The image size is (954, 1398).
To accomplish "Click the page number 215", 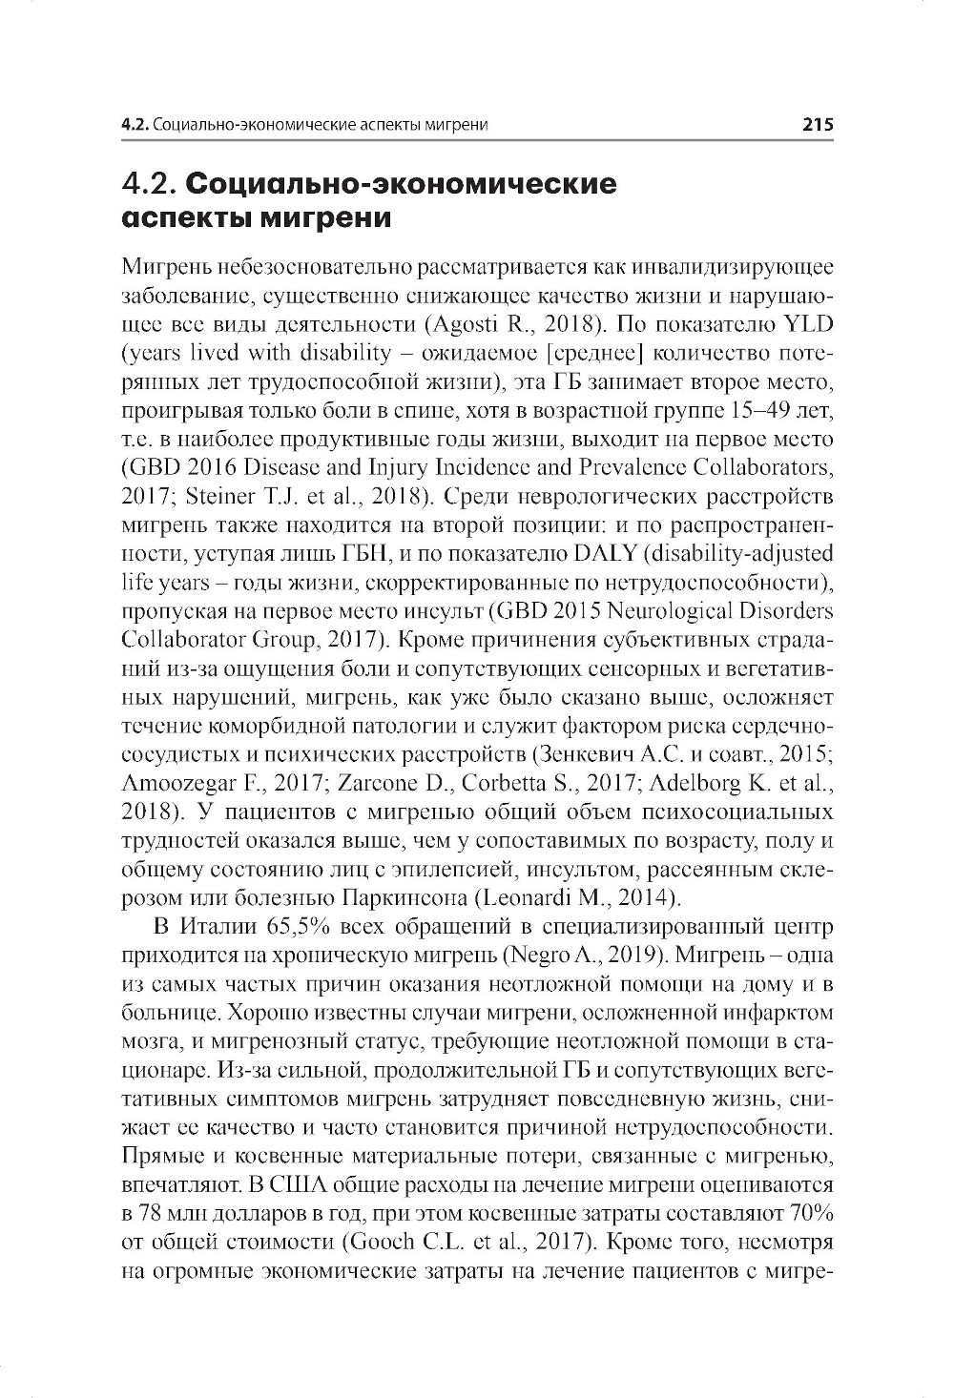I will [818, 125].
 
